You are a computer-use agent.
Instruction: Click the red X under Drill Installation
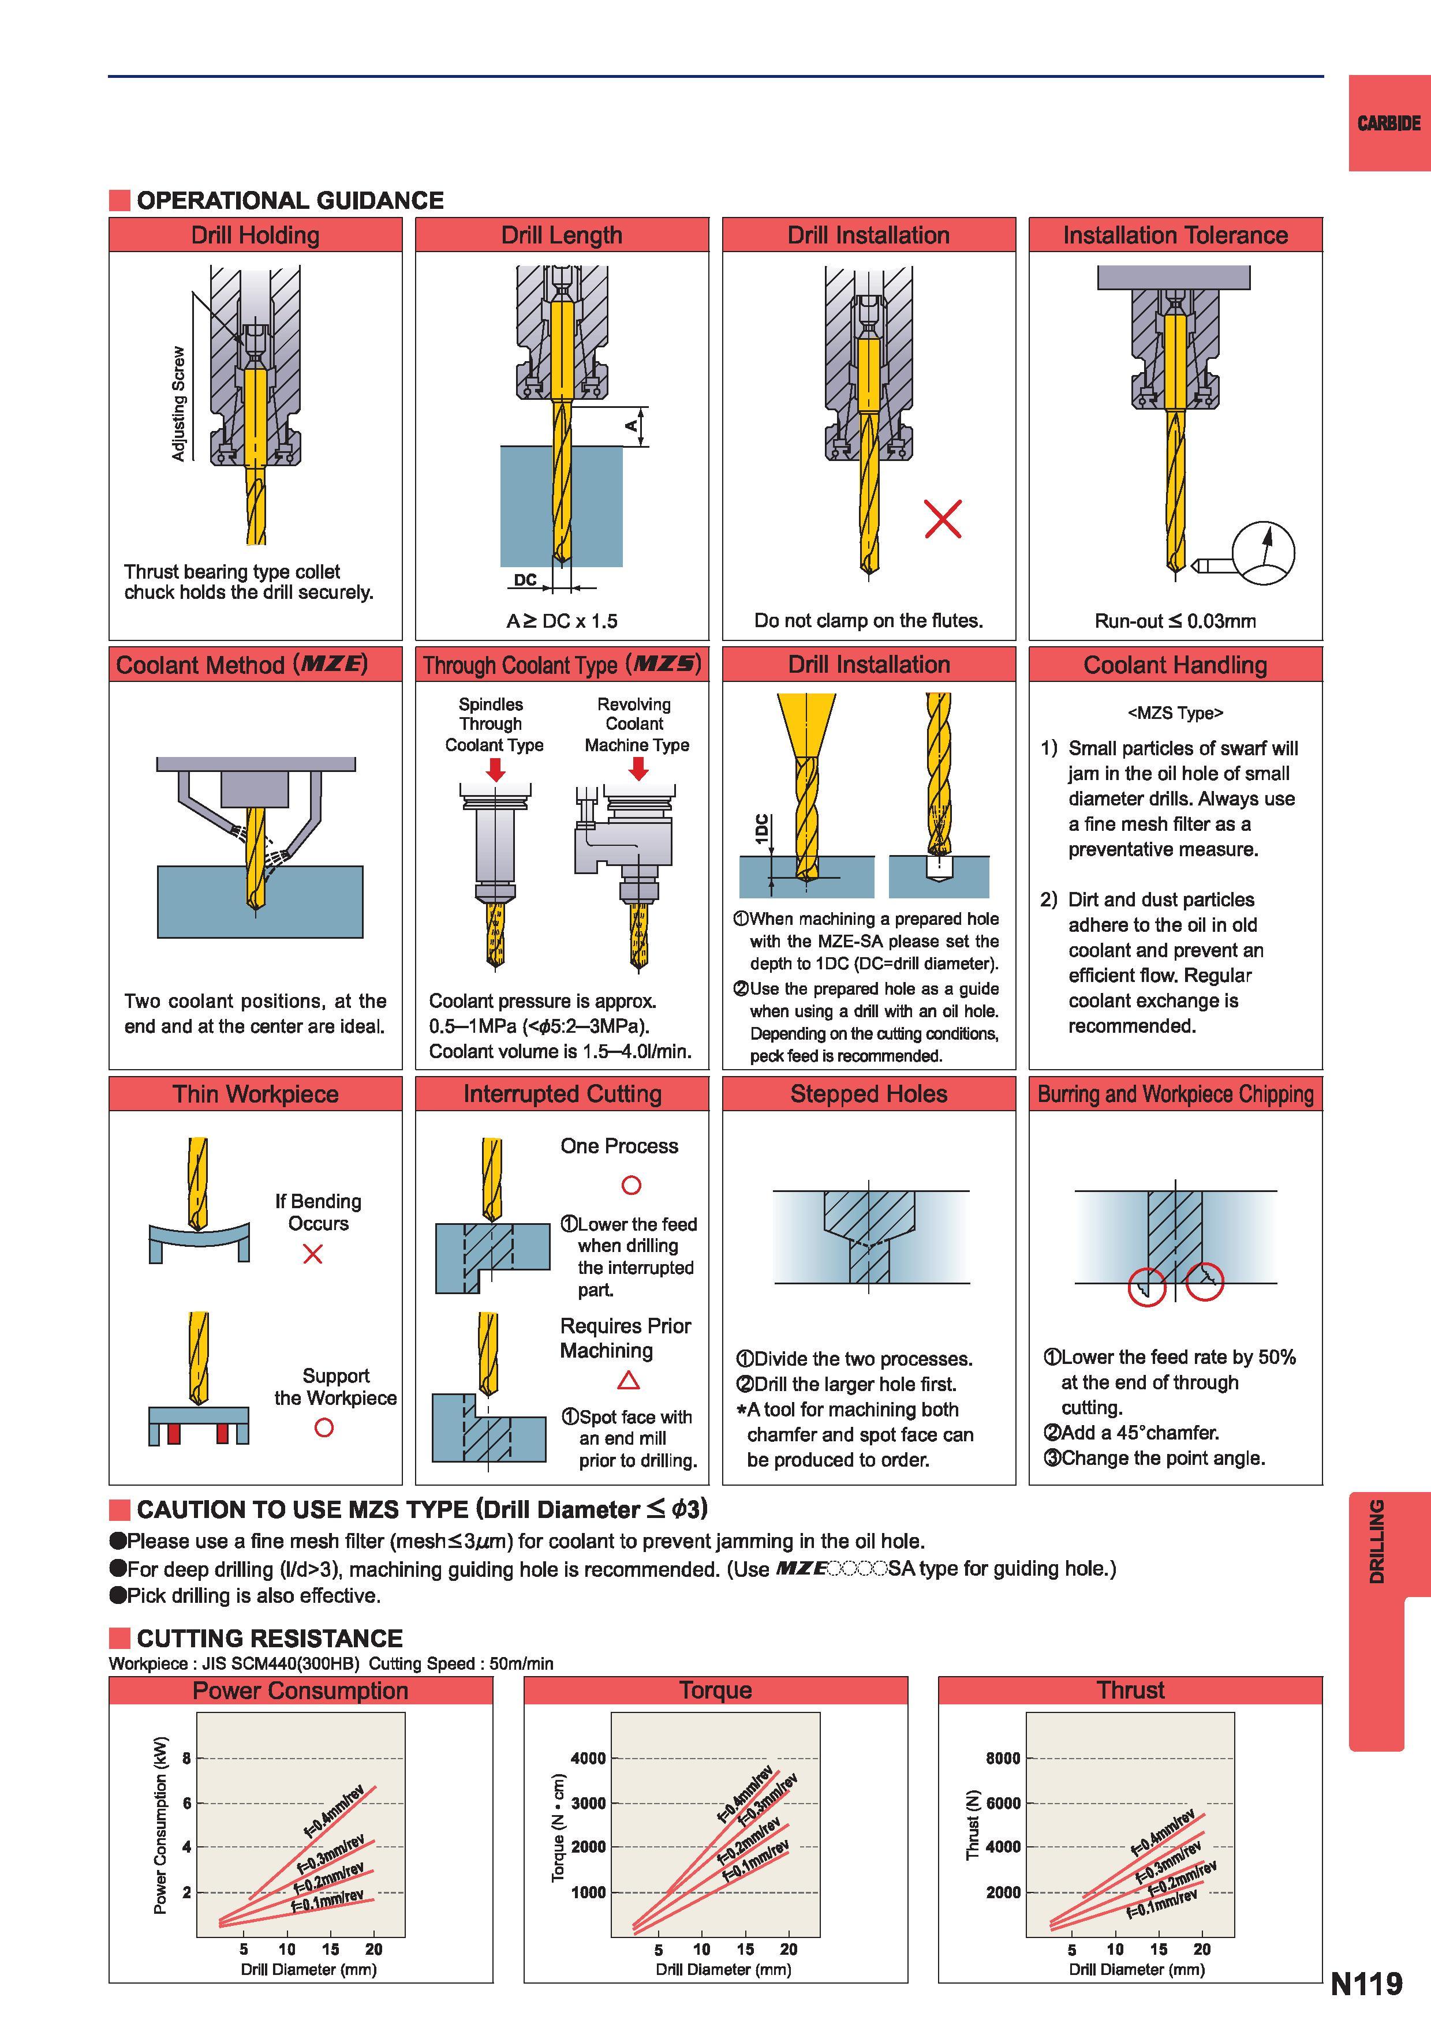coord(943,518)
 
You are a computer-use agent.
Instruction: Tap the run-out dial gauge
coord(1262,553)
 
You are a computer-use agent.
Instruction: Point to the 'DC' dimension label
coord(525,580)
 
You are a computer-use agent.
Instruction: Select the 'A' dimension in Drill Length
coord(632,426)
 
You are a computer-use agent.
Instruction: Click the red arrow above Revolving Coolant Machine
coord(638,769)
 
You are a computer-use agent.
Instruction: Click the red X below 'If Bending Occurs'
coord(312,1254)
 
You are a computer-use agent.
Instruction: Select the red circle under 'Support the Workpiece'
coord(324,1427)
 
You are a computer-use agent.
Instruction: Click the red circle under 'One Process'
coord(632,1185)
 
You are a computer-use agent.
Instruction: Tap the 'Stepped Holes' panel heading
coord(869,1094)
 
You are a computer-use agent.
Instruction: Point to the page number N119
coord(1366,1984)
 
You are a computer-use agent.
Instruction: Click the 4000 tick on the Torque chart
coord(588,1759)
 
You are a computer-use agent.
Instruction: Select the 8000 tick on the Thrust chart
coord(1003,1759)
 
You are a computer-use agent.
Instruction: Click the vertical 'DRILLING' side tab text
coord(1376,1541)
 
